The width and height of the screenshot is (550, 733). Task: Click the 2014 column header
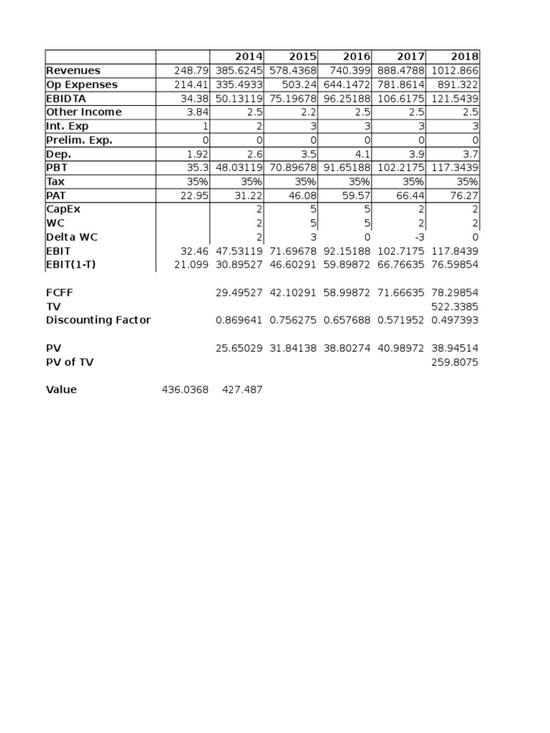249,57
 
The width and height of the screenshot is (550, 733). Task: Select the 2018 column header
465,57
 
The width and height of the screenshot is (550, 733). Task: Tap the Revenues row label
73,71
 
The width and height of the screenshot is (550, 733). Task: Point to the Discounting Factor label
98,320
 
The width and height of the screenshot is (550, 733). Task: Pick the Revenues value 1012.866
455,71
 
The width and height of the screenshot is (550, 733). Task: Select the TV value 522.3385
455,306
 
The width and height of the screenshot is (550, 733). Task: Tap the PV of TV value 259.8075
455,362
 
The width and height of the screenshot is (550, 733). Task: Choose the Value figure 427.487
242,390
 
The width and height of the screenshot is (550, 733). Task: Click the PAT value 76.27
463,195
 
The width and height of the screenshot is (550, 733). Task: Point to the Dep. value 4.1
362,154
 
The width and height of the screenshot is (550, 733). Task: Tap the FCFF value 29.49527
239,292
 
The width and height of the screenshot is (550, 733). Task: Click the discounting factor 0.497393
455,320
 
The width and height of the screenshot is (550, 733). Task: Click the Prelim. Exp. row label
79,140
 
